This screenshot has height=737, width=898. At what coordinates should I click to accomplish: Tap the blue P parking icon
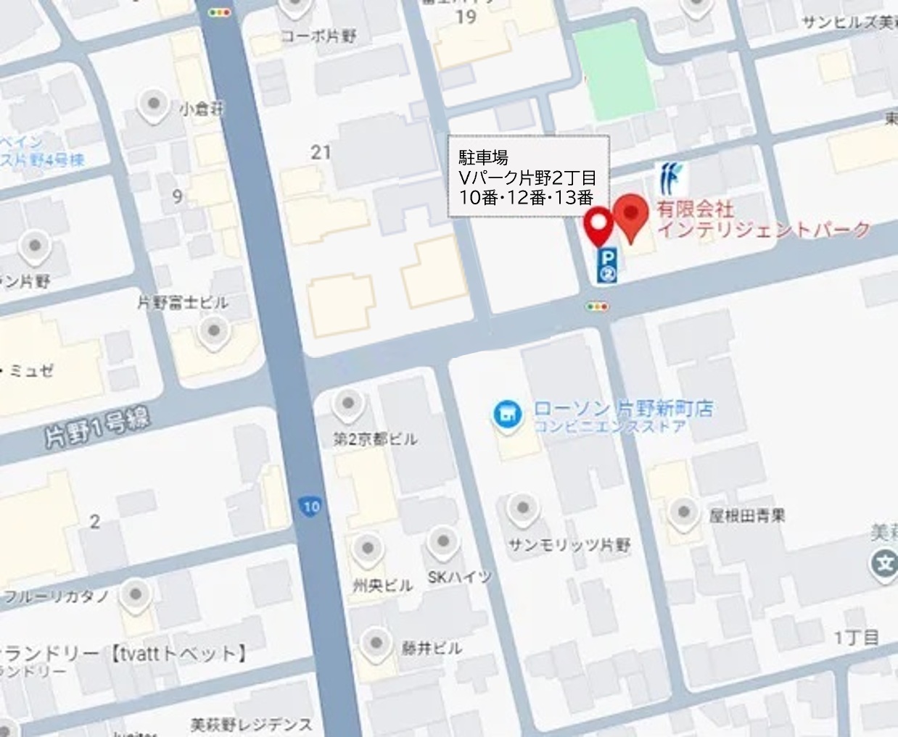click(607, 265)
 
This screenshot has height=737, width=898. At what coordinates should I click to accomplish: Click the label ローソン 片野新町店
click(623, 408)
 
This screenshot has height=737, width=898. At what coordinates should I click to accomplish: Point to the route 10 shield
click(310, 507)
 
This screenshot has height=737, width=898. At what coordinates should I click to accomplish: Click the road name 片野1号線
click(97, 428)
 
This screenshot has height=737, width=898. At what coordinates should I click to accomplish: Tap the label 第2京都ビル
click(375, 438)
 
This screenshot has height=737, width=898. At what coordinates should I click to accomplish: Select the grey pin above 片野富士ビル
click(213, 332)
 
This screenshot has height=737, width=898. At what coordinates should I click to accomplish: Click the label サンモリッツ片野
click(569, 544)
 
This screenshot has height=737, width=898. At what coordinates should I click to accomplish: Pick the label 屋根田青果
click(746, 515)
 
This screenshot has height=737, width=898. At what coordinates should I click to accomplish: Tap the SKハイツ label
click(459, 577)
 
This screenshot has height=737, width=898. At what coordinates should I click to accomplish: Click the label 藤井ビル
click(432, 647)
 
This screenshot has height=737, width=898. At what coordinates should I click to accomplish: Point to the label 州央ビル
click(382, 585)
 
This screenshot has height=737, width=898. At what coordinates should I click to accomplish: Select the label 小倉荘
click(202, 109)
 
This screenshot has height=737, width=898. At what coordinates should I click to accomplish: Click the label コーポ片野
click(318, 36)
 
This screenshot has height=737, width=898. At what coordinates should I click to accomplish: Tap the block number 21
click(321, 152)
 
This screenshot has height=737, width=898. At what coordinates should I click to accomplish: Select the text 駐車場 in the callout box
click(483, 157)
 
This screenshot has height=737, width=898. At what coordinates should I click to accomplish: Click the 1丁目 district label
click(856, 638)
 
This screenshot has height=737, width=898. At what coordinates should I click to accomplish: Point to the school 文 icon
click(885, 563)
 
